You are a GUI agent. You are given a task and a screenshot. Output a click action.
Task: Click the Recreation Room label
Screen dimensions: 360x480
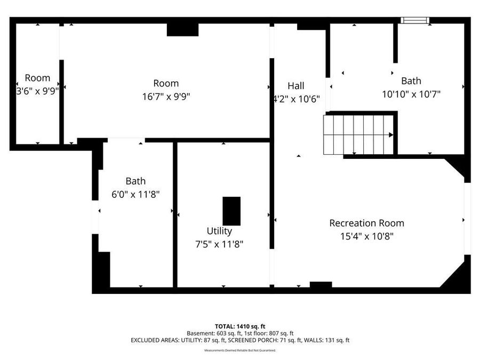[366, 223]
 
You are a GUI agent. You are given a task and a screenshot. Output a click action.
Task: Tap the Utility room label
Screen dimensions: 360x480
[219, 231]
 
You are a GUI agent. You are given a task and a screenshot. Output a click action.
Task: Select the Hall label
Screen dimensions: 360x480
[295, 86]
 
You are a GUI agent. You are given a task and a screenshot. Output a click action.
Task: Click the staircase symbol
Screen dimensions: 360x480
[358, 134]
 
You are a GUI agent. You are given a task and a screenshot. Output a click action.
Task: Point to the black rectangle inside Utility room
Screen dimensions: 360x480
[231, 211]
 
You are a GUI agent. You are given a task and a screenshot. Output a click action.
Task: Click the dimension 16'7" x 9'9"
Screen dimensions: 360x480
[166, 97]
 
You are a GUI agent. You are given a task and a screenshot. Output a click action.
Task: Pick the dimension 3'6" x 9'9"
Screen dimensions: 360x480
[37, 91]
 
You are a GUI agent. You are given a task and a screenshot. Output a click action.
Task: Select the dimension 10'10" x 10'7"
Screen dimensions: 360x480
[411, 94]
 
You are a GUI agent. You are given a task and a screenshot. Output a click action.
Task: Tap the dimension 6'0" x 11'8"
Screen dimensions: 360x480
[135, 195]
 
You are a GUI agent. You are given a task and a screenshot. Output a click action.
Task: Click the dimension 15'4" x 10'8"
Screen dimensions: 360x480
[366, 236]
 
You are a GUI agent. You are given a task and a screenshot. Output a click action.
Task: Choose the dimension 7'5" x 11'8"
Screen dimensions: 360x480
[219, 244]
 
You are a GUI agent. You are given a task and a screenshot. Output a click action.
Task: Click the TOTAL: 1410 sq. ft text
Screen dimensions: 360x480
[239, 326]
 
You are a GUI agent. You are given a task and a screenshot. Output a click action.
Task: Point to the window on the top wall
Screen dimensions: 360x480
[414, 20]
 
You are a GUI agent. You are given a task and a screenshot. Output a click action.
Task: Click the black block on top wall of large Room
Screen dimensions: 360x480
[182, 29]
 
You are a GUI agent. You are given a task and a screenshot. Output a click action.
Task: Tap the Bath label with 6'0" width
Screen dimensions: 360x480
[135, 181]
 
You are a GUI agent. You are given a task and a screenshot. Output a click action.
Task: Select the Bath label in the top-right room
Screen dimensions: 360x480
[411, 81]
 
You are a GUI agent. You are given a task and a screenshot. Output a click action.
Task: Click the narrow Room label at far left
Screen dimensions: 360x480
[37, 78]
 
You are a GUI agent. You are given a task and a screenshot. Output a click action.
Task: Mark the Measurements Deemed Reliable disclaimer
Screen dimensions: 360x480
[239, 350]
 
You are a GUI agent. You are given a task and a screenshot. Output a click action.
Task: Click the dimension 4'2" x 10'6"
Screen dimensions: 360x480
[296, 99]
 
